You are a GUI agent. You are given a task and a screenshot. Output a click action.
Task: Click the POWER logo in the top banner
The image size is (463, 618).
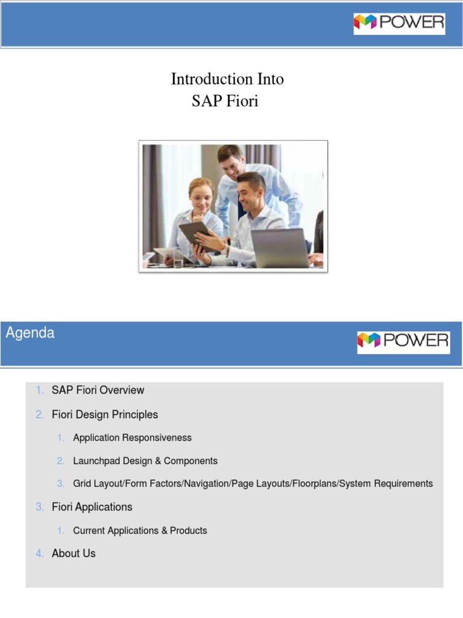tap(399, 24)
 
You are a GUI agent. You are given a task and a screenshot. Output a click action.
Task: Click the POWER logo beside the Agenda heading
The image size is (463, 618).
tap(403, 342)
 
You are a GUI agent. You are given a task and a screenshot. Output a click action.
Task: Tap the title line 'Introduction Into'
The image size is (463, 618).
tap(227, 79)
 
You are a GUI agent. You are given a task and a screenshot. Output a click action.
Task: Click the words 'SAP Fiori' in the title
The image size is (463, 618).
tap(225, 101)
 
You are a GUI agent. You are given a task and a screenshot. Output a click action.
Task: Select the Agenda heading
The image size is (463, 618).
tap(30, 333)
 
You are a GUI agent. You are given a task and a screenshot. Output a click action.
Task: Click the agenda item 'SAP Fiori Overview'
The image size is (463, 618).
tap(98, 390)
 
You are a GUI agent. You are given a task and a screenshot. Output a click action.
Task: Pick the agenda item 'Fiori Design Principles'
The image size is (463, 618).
tap(105, 415)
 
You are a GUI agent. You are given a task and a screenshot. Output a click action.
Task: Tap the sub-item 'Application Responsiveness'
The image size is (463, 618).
tap(132, 438)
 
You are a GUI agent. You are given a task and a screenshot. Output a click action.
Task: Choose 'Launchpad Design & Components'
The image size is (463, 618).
tap(145, 460)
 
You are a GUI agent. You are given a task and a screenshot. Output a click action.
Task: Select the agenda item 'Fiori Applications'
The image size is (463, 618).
tap(92, 507)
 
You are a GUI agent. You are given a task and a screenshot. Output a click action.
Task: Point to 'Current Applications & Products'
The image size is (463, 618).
tap(140, 530)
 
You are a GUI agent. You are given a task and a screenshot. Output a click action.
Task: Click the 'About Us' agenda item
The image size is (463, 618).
tap(74, 553)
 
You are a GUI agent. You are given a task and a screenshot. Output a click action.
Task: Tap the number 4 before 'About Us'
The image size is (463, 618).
tap(39, 553)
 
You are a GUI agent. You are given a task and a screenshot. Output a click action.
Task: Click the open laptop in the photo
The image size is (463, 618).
tap(280, 247)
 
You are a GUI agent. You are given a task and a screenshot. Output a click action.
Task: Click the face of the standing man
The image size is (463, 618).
tap(230, 164)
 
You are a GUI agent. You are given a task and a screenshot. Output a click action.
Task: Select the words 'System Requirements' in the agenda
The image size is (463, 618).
tap(386, 483)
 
